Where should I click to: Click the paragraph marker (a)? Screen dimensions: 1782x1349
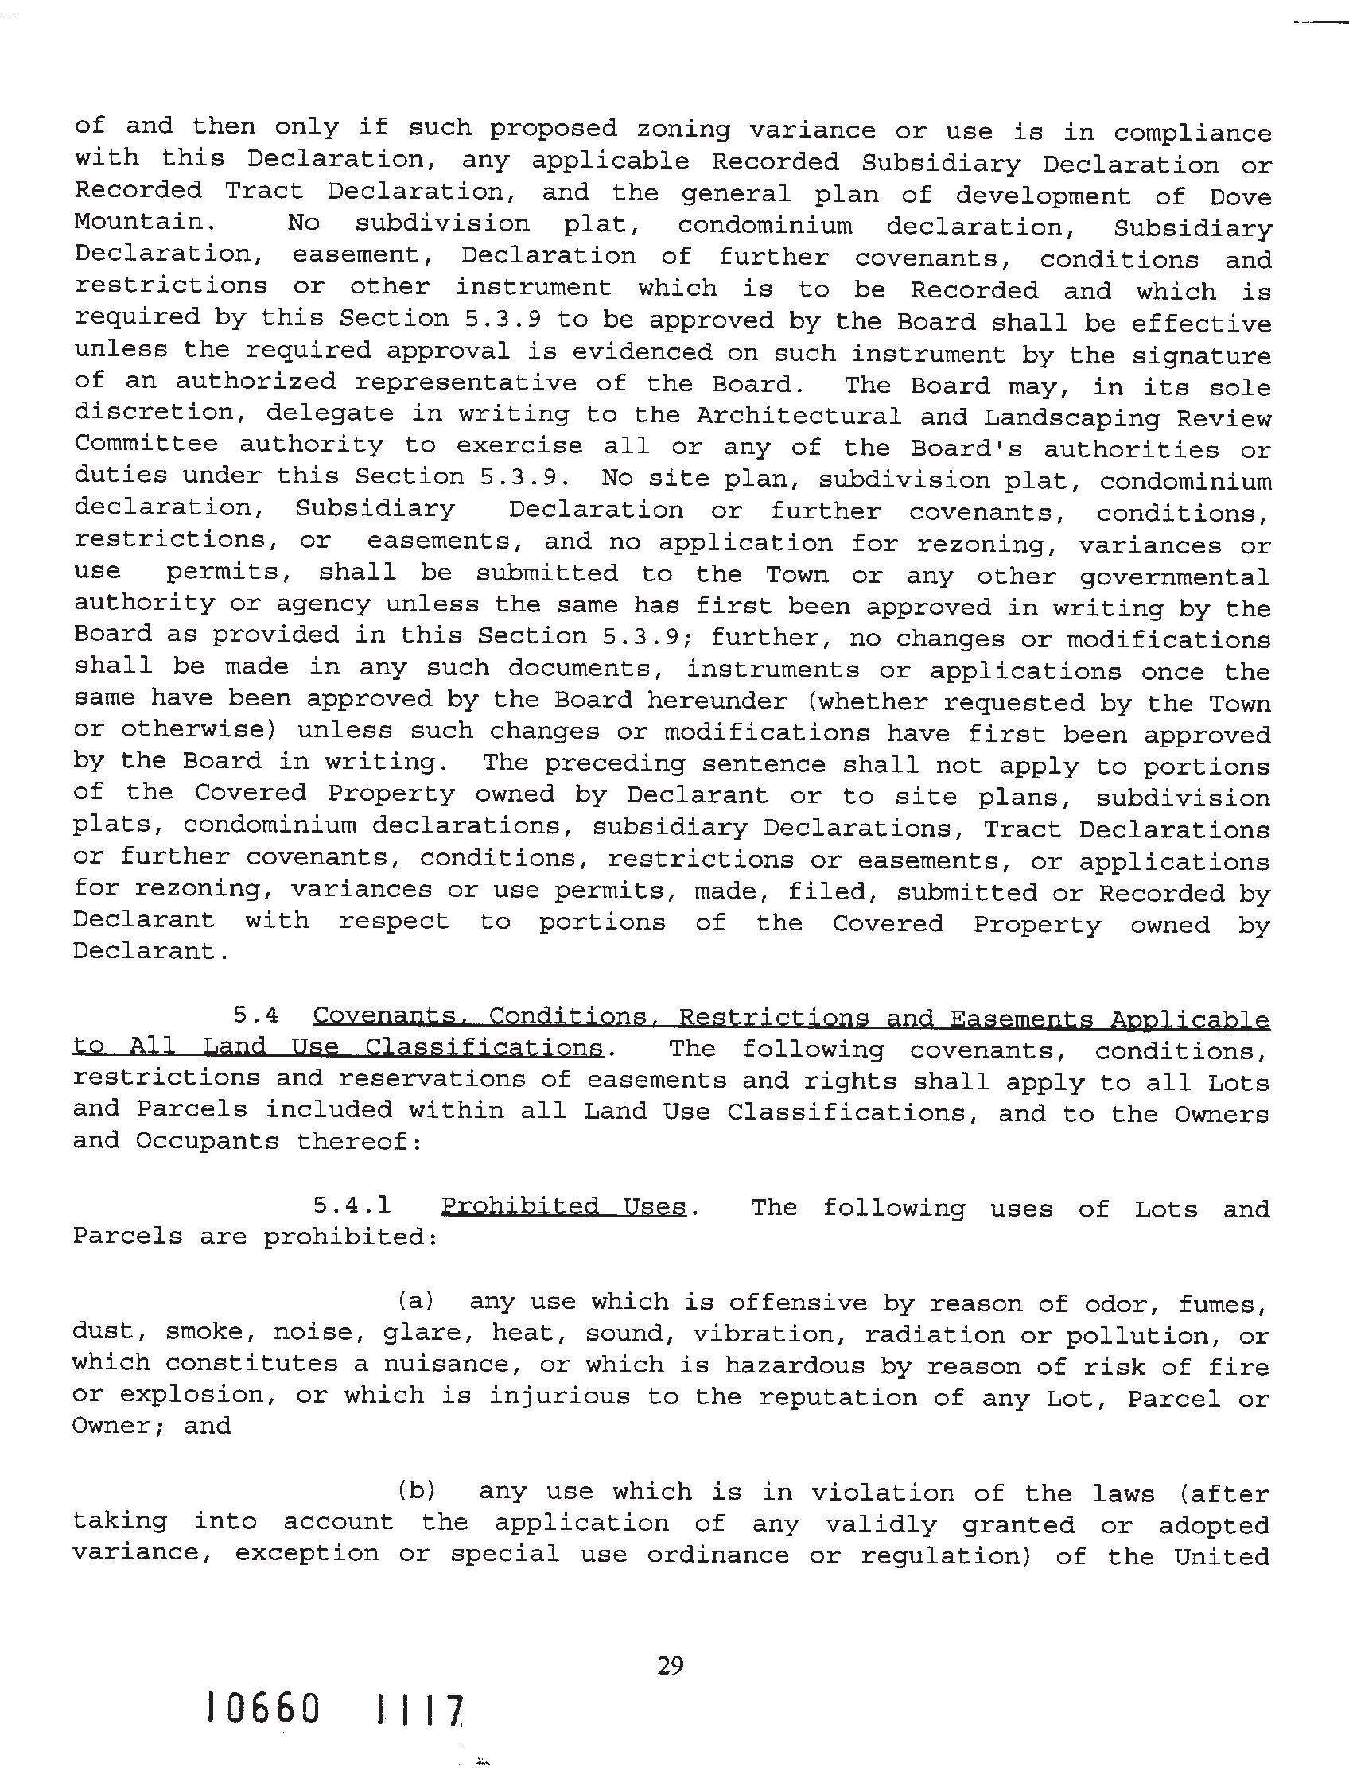[416, 1301]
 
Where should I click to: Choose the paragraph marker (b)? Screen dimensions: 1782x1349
[417, 1491]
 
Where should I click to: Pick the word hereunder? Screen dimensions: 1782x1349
[717, 701]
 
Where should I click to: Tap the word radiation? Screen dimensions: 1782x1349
[933, 1335]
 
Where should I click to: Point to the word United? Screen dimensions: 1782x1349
[1222, 1555]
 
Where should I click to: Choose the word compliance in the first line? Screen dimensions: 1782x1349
[1192, 133]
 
